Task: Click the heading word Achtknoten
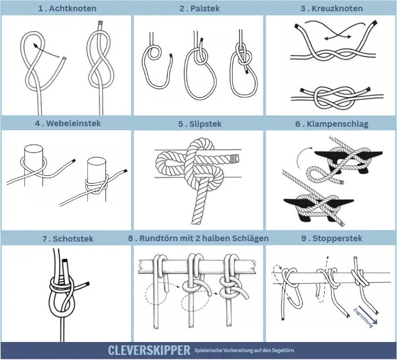(73, 8)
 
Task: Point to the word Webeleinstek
(73, 123)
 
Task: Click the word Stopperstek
(337, 238)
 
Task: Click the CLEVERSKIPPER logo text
(149, 350)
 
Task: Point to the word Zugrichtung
(363, 318)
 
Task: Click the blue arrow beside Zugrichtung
(368, 315)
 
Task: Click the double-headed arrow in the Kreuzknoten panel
(337, 37)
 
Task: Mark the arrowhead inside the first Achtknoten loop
(36, 45)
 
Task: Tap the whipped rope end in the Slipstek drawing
(235, 158)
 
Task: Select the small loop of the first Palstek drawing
(154, 53)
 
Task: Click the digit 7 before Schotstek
(45, 239)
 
